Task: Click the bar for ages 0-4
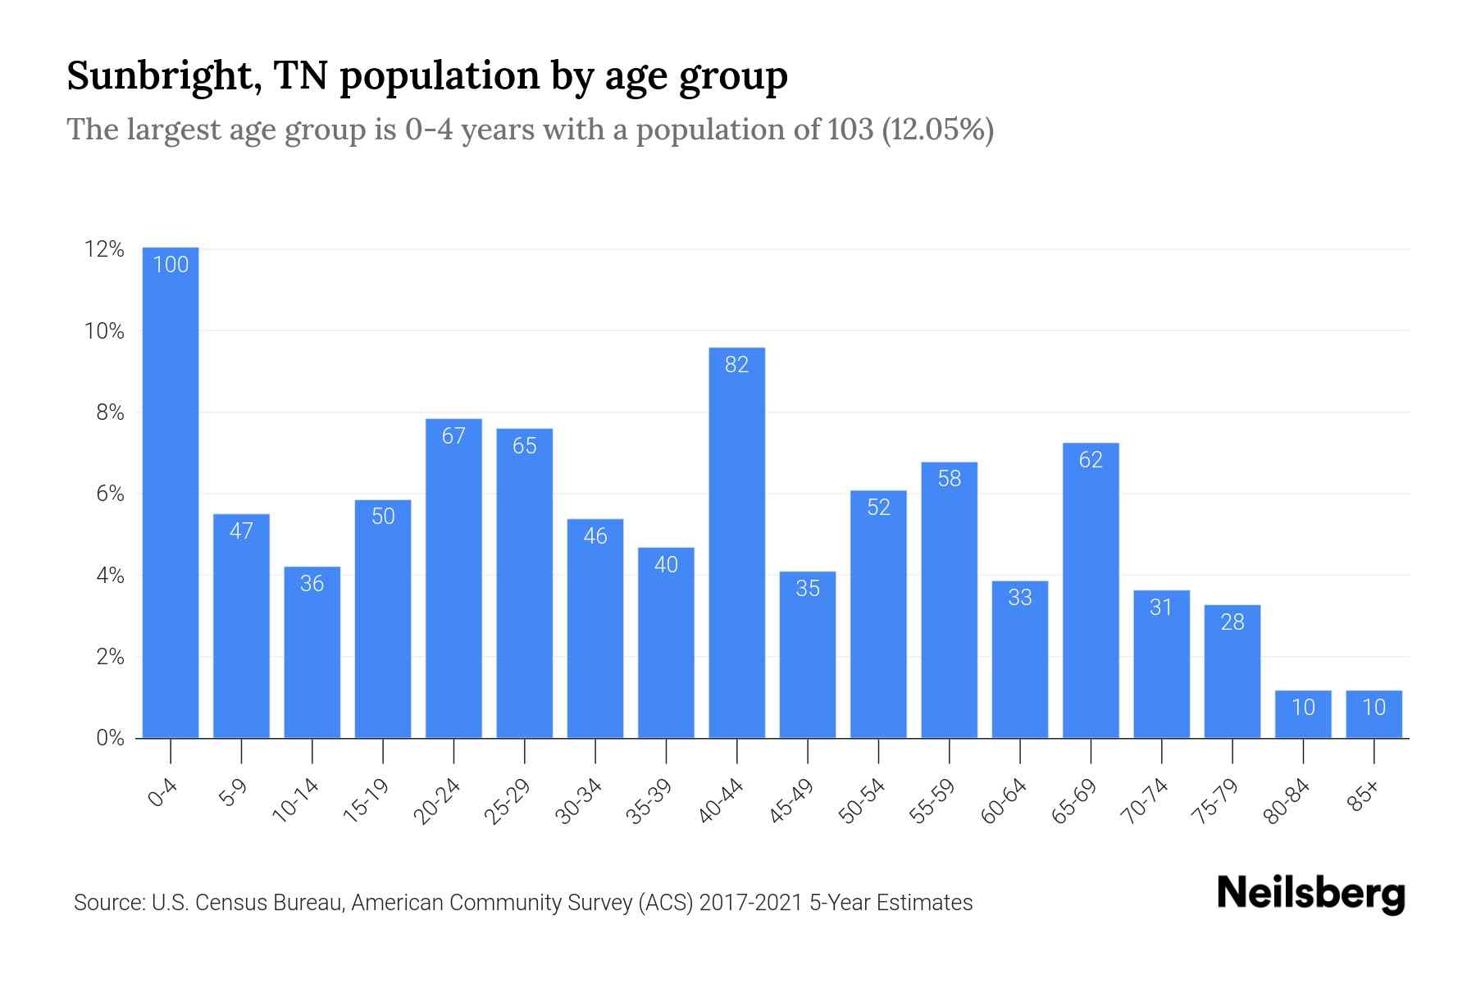[171, 492]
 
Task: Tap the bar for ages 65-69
[1091, 590]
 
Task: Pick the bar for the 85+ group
[1373, 714]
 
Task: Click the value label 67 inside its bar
[453, 435]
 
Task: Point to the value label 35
[808, 588]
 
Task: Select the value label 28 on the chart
[1232, 622]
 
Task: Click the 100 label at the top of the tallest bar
[171, 264]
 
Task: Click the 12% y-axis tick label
[105, 249]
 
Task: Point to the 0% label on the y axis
[110, 738]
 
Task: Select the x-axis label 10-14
[297, 801]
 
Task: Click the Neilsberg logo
[1310, 894]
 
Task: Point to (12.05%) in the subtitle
[937, 130]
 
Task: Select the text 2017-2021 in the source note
[751, 903]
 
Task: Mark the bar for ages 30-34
[595, 628]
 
